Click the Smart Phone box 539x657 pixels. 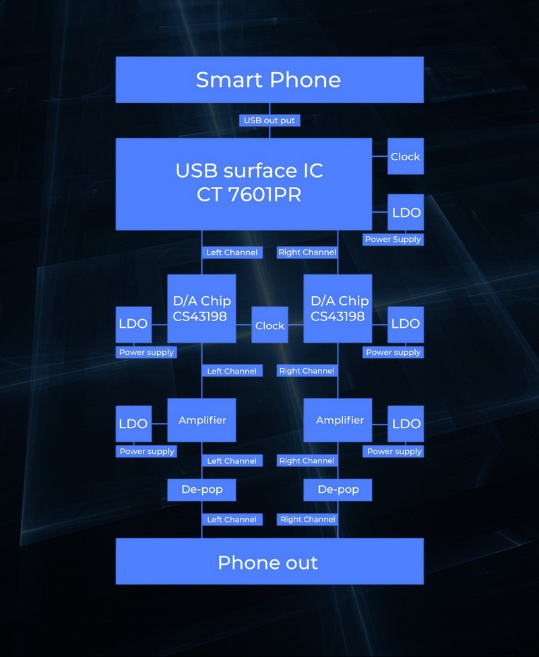coord(269,79)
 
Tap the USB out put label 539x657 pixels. coord(269,120)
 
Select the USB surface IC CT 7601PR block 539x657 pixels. coord(244,183)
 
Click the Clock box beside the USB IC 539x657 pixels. coord(406,156)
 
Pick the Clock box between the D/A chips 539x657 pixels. coord(269,325)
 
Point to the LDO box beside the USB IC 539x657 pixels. coord(406,213)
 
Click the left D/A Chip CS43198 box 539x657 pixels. coord(201,308)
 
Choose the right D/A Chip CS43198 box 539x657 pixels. coord(338,308)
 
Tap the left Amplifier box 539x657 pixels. coord(201,420)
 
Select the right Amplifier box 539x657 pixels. coord(338,420)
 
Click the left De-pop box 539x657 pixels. coord(201,489)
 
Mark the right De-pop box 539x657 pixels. coord(338,489)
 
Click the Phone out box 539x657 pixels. coord(269,562)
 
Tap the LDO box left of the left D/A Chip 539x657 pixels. coord(133,324)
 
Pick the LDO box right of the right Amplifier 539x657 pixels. coord(406,423)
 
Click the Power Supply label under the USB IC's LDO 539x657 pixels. coord(393,239)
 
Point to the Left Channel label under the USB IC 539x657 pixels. coord(232,252)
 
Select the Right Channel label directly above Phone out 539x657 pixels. coord(307,519)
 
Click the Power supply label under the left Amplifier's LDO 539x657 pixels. coord(147,451)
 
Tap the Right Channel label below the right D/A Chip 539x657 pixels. coord(307,371)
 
